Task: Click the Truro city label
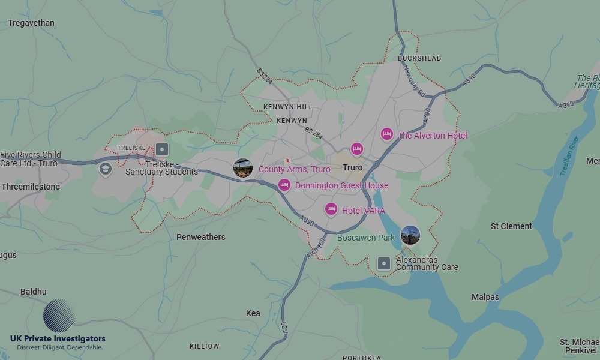pos(353,167)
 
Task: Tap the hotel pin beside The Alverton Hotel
pos(387,134)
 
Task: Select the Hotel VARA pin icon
pos(331,209)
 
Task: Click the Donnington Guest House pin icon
pos(284,185)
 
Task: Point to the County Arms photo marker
pos(243,169)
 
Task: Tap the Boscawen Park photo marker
pos(410,235)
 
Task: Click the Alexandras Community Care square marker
pos(384,263)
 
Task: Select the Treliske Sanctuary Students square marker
pos(162,149)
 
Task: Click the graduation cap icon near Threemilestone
pos(106,169)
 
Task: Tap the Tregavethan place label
pos(31,23)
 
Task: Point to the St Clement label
pos(511,226)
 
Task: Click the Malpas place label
pos(485,297)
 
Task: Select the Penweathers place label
pos(200,237)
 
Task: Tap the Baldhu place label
pos(33,292)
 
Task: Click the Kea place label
pos(253,313)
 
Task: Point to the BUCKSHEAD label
pos(419,58)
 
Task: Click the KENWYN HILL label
pos(288,107)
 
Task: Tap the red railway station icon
pos(288,160)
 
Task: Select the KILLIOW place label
pos(205,346)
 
